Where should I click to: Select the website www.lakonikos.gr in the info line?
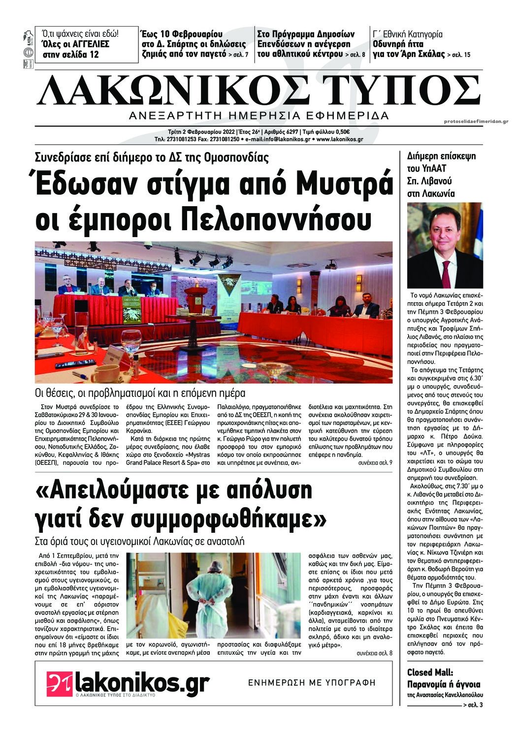[340, 139]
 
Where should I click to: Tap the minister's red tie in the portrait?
[446, 274]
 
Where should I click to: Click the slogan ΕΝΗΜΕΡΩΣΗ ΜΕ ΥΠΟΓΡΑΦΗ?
[311, 682]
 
